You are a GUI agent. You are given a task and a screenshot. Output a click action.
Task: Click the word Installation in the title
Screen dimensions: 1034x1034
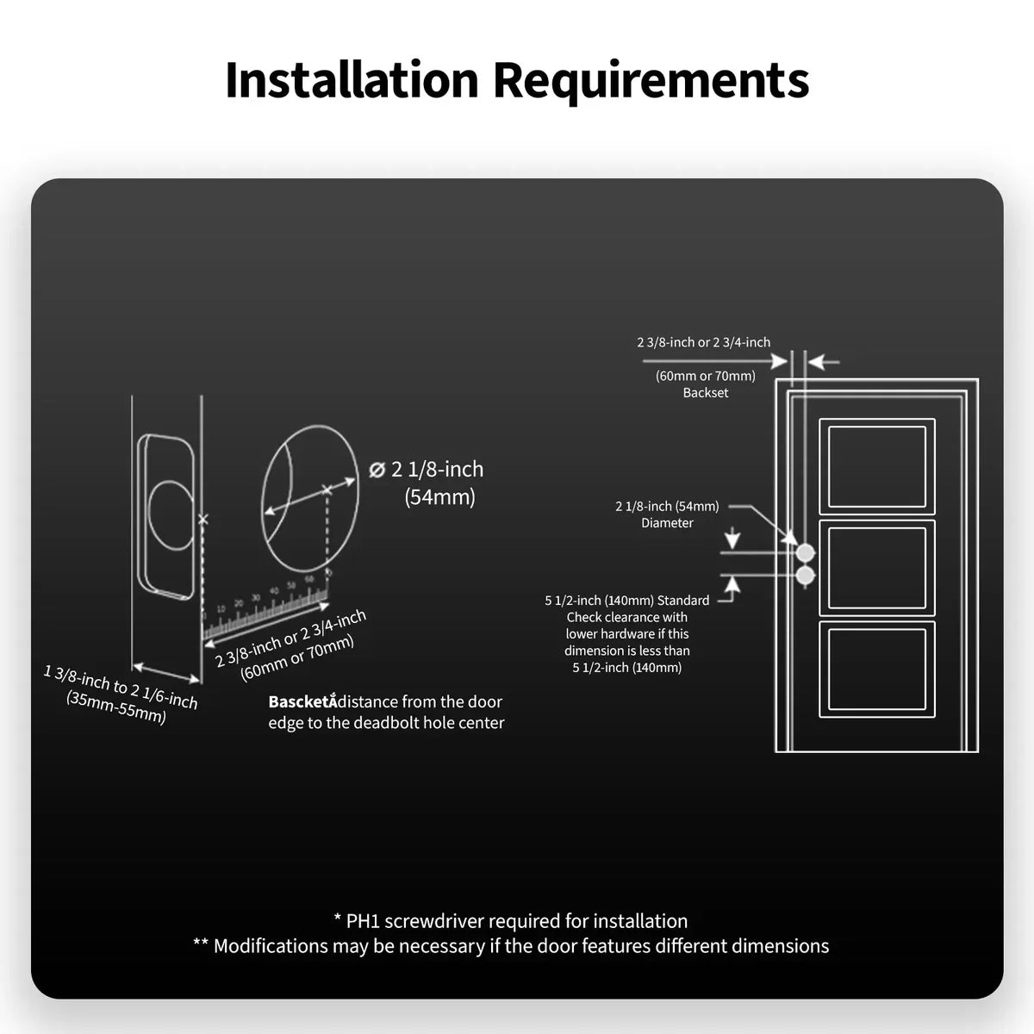(352, 80)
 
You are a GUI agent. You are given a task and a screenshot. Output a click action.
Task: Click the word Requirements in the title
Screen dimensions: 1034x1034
(651, 80)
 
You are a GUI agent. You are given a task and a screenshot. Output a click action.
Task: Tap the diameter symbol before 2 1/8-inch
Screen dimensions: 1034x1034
(377, 470)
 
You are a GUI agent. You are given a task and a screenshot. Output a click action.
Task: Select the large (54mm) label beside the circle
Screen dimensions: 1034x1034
(439, 497)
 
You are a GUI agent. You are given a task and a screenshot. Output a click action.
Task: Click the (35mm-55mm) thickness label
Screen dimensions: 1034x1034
(116, 707)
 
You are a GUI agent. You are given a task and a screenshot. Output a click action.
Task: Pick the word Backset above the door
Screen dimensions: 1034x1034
(706, 393)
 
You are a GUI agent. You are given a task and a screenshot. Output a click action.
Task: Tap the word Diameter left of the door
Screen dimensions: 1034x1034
(667, 523)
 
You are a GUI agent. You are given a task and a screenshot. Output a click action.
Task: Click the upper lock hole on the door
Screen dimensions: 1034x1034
(806, 552)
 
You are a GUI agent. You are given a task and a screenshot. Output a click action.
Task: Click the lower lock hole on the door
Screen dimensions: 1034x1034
(806, 575)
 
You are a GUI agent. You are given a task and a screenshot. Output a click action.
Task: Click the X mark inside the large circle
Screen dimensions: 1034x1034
(326, 490)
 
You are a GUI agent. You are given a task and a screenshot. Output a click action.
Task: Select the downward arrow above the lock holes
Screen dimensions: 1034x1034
(732, 540)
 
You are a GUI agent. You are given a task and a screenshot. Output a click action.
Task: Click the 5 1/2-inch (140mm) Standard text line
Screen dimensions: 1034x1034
(627, 601)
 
